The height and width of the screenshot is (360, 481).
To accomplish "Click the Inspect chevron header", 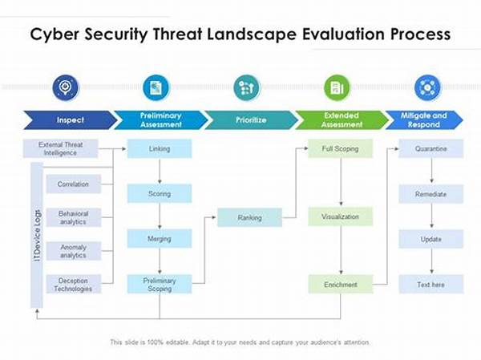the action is pos(70,120).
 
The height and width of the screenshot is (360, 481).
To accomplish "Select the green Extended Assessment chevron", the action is pos(342,120).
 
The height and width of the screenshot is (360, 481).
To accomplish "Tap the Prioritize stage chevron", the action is pos(251,120).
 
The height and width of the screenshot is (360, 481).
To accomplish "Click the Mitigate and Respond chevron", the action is pos(424,120).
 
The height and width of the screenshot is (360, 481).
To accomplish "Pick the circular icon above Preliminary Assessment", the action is pos(156,87).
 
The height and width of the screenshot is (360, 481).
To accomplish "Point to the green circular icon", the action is pos(338,87).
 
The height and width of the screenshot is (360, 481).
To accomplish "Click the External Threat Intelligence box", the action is pos(60,148).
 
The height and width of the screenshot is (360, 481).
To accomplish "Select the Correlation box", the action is pos(73,184).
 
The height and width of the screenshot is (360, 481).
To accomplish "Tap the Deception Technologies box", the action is pos(73,285).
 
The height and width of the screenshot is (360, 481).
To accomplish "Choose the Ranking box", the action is pos(249,217).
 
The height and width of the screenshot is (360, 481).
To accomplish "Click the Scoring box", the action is pos(160,193).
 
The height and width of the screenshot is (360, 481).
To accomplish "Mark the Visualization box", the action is pos(340,216).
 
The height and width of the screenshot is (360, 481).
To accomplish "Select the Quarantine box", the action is pos(431,148).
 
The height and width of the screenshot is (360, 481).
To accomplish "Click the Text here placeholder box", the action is pos(431,285).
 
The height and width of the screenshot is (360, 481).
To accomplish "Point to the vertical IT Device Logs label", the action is pos(37,235).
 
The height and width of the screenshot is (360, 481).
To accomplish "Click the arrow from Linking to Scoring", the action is pos(160,171).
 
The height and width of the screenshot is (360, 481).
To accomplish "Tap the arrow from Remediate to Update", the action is pos(431,216).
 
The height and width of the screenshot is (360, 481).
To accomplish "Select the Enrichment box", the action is pos(340,285).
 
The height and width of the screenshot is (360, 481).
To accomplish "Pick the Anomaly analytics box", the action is pos(73,251).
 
